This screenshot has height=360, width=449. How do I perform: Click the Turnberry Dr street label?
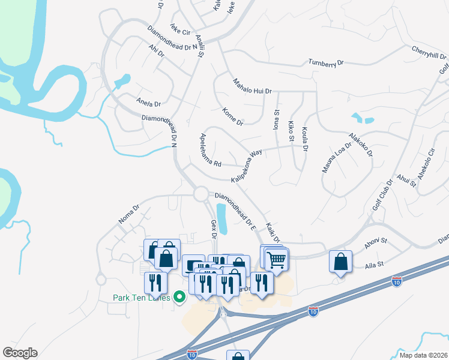326,62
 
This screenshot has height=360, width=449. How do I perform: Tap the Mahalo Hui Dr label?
252,86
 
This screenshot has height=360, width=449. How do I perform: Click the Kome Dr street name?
232,116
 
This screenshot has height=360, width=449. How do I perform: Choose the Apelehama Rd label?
211,150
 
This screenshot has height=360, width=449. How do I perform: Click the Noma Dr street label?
129,214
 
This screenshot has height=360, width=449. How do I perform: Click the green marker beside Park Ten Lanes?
178,296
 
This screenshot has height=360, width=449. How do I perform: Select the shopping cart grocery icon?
277,260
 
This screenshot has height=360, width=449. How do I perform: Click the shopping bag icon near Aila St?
340,261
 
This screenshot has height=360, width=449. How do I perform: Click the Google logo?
20,353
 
